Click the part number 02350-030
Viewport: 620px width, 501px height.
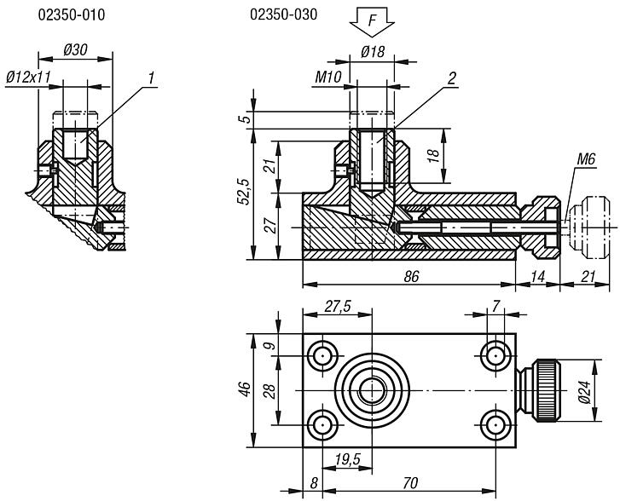(278, 15)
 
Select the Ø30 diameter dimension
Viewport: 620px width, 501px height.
(77, 50)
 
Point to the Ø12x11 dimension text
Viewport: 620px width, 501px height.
(28, 77)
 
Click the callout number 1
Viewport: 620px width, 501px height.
(150, 78)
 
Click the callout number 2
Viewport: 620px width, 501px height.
(452, 78)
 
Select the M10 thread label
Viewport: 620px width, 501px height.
(327, 78)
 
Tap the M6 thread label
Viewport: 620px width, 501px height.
(585, 158)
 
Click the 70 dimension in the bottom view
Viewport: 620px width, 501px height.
(410, 483)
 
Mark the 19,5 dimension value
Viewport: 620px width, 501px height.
(346, 461)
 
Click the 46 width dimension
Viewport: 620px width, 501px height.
(244, 390)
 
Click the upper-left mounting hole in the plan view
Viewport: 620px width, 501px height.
(323, 354)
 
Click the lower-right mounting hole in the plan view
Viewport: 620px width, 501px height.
(495, 424)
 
